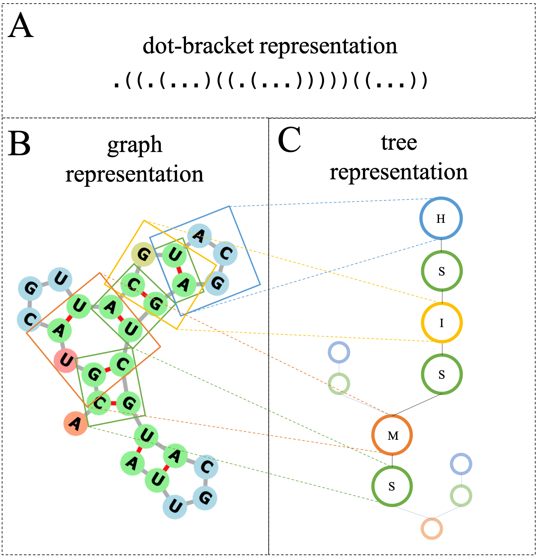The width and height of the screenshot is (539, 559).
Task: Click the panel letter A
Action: click(x=20, y=26)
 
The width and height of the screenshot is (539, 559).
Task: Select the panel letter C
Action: click(x=289, y=140)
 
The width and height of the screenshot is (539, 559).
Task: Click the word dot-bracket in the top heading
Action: click(x=198, y=46)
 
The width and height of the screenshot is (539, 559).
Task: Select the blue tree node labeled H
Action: click(x=441, y=218)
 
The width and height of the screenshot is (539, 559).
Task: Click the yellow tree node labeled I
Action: click(x=442, y=323)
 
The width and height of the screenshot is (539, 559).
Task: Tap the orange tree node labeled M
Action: click(x=392, y=435)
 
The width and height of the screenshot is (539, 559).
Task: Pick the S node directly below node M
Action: click(x=392, y=486)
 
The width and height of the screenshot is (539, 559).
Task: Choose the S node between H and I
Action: click(x=442, y=271)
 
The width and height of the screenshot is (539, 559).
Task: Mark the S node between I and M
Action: click(x=442, y=375)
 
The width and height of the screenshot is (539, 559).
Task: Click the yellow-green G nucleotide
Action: click(x=143, y=254)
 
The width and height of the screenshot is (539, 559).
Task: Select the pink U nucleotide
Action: click(x=66, y=361)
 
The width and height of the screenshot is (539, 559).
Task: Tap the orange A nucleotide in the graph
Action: click(x=76, y=424)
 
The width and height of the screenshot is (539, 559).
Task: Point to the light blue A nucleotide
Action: click(x=200, y=235)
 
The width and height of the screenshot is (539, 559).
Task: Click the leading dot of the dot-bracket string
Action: click(x=116, y=86)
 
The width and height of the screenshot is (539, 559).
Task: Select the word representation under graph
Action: click(x=134, y=174)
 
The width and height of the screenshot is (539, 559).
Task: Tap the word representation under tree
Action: click(x=399, y=172)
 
